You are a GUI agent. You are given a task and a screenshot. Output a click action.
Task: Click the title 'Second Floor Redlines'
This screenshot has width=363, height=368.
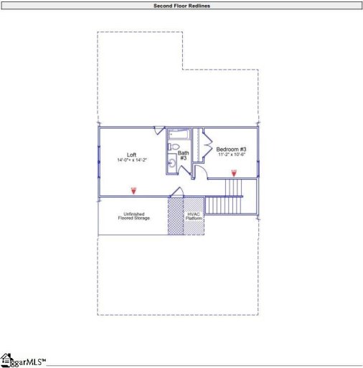coord(181,6)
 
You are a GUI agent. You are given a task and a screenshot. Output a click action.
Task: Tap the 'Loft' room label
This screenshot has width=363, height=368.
coord(132,155)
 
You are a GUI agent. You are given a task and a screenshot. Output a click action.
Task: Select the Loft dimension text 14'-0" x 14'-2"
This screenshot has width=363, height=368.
coord(132,160)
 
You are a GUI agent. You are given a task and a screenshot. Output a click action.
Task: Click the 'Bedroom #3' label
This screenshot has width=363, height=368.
coord(232,149)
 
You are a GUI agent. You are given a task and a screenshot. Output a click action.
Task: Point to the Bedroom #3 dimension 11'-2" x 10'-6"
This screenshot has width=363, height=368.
coord(232,155)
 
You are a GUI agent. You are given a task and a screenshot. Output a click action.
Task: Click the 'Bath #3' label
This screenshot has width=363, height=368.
coord(183,155)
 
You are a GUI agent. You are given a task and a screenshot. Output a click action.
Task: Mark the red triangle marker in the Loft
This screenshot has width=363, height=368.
coord(133,190)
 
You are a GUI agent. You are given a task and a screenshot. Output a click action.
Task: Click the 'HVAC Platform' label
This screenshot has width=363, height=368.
coord(194,216)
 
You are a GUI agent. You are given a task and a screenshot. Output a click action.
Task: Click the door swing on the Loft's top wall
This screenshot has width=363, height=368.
coord(159,130)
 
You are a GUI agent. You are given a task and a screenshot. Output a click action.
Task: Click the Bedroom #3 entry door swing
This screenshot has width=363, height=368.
coord(201,172)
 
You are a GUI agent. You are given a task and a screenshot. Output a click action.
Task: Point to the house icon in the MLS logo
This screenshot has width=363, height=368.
coord(6,358)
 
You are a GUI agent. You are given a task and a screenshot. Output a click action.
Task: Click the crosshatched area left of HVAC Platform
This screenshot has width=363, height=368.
coord(175,216)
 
